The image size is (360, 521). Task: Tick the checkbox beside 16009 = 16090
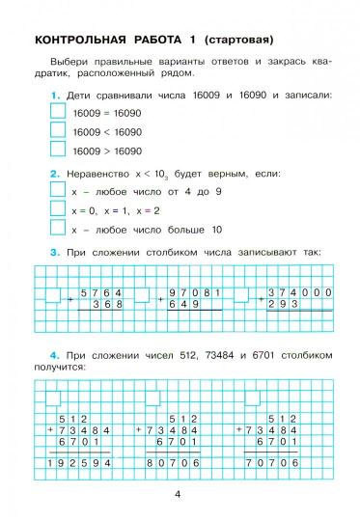point(57,113)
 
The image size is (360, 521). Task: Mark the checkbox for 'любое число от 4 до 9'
point(57,192)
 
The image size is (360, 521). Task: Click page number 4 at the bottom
point(179,495)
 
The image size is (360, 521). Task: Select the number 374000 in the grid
point(300,291)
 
